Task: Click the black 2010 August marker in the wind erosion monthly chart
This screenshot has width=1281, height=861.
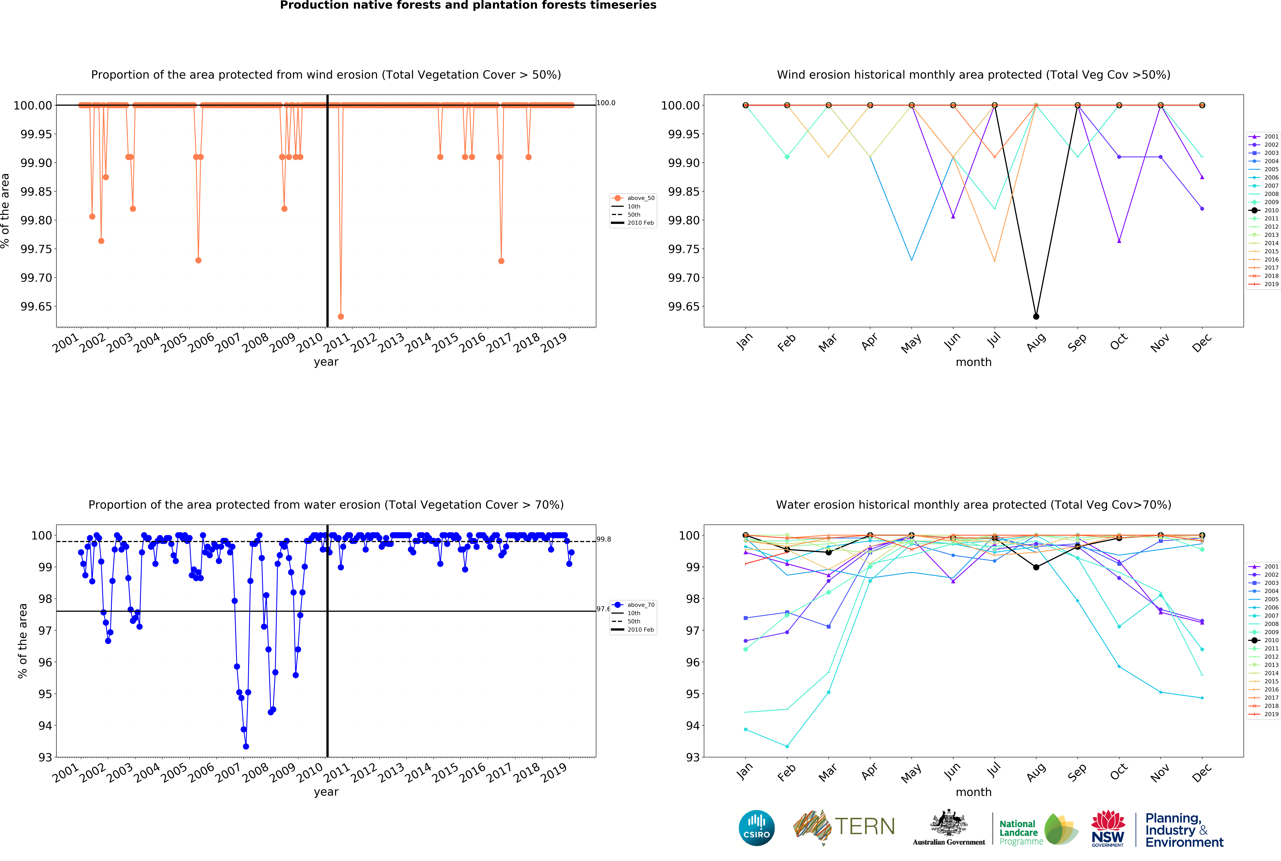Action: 1036,316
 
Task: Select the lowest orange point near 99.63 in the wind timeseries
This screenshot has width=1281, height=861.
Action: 341,316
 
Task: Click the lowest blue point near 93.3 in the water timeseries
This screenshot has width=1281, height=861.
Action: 246,746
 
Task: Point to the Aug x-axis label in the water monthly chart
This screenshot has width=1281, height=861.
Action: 1036,773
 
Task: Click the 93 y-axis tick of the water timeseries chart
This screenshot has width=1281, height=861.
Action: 45,757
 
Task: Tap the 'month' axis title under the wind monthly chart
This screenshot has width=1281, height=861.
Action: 973,362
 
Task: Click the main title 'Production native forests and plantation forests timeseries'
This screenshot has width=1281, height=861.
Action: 468,6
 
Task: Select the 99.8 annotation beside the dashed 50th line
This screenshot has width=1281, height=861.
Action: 604,539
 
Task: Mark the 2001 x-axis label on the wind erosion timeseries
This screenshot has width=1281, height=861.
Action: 66,343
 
